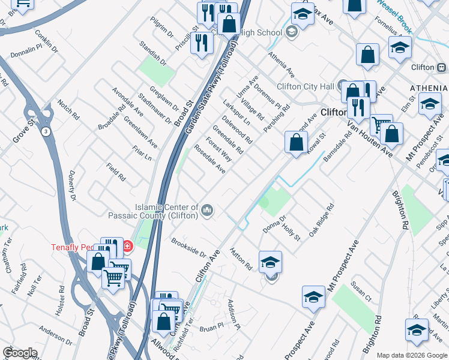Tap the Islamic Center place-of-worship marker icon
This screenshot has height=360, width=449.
(x=207, y=209)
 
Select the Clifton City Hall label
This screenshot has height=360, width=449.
(x=306, y=86)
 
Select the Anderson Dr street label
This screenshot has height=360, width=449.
(x=56, y=336)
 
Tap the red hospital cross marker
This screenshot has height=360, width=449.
(x=127, y=246)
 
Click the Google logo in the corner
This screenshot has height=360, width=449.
(x=20, y=353)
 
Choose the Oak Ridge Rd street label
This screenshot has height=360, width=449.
(x=321, y=220)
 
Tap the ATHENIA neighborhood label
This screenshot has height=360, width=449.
(x=429, y=88)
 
